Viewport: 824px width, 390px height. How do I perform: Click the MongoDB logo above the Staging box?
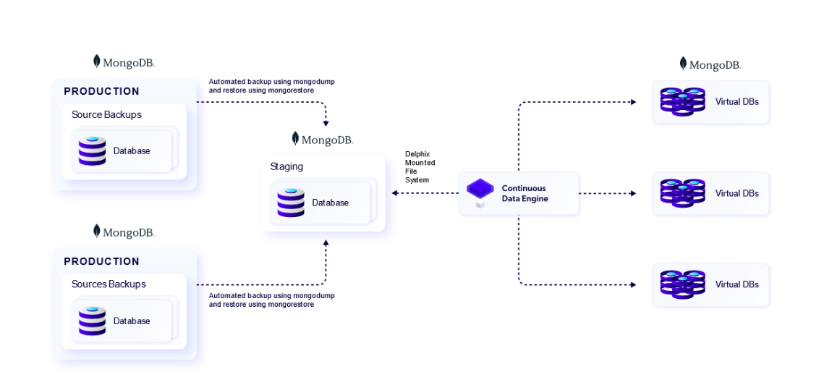pyautogui.click(x=323, y=140)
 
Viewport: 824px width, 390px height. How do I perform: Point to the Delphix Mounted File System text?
pyautogui.click(x=420, y=167)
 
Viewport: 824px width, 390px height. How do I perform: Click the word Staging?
pyautogui.click(x=286, y=166)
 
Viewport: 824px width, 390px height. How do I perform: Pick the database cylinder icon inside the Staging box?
pyautogui.click(x=291, y=203)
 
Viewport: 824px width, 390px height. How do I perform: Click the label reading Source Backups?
pyautogui.click(x=106, y=115)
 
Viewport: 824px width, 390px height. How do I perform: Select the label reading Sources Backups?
pyautogui.click(x=109, y=284)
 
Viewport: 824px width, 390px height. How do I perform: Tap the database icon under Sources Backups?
pyautogui.click(x=92, y=321)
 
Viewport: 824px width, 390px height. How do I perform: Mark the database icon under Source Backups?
pyautogui.click(x=92, y=151)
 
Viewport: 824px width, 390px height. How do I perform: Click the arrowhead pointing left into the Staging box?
pyautogui.click(x=394, y=193)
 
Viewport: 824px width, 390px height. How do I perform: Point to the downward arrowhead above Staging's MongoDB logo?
pyautogui.click(x=326, y=123)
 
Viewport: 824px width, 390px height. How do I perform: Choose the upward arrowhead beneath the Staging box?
pyautogui.click(x=326, y=243)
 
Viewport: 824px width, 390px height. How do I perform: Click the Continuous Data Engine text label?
pyautogui.click(x=524, y=193)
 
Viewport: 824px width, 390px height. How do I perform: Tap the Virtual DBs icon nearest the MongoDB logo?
pyautogui.click(x=682, y=101)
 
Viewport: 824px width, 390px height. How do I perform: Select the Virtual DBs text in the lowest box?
pyautogui.click(x=737, y=284)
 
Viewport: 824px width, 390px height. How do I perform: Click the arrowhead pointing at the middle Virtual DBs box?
pyautogui.click(x=633, y=193)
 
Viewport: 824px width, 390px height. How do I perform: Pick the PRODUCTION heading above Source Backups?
pyautogui.click(x=101, y=91)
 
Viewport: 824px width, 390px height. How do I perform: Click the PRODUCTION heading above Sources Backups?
pyautogui.click(x=101, y=261)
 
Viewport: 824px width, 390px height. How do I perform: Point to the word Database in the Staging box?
pyautogui.click(x=331, y=203)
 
